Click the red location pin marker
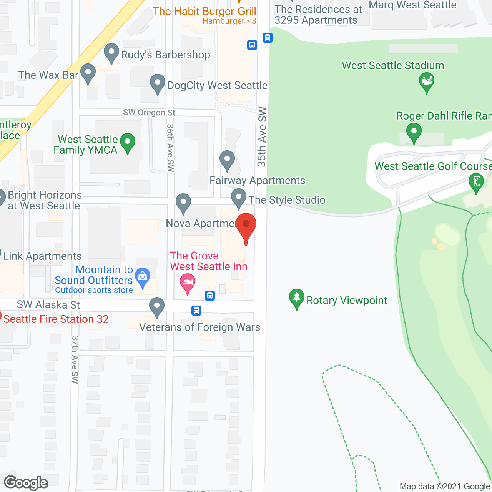pos(246,226)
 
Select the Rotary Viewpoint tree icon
pos(296,299)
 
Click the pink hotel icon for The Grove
pos(188,283)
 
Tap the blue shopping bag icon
pos(143,277)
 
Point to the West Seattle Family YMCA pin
pos(128,143)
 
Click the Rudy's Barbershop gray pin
pos(111,53)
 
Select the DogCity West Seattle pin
pos(157,84)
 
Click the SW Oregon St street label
pos(149,113)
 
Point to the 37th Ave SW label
pos(75,359)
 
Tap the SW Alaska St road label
pos(48,305)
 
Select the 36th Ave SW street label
pos(171,148)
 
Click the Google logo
pos(26,483)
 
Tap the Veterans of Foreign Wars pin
pos(156,307)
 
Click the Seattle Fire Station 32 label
pos(56,319)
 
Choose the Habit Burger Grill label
pos(204,12)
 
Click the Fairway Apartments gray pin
pos(227,161)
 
